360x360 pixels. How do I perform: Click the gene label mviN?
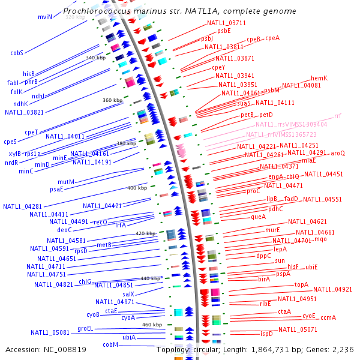[45, 17]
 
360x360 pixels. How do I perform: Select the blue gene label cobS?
[16, 53]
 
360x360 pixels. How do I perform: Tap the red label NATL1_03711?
[226, 23]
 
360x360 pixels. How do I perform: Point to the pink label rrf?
[338, 116]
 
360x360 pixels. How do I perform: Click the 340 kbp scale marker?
[95, 58]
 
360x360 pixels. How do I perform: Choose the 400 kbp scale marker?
[137, 188]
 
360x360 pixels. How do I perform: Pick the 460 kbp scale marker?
[152, 325]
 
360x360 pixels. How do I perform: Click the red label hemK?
[319, 79]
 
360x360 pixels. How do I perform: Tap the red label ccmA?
[328, 317]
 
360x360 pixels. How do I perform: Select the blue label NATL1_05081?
[50, 332]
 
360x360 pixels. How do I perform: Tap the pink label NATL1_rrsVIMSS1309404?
[291, 124]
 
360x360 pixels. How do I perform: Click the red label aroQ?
[338, 153]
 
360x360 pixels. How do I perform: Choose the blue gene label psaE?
[56, 188]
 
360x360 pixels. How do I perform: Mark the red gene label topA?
[301, 285]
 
